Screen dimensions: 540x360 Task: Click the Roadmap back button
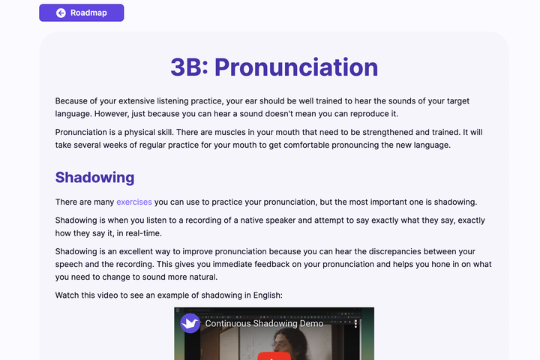click(x=81, y=13)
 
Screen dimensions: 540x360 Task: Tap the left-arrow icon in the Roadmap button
click(x=61, y=13)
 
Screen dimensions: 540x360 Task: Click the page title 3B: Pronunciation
click(x=274, y=67)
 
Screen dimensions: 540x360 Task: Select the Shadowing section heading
click(x=94, y=178)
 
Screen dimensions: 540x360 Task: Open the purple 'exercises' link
click(x=134, y=202)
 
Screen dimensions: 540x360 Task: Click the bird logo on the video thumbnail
click(x=190, y=323)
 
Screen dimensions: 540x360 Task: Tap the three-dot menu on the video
click(x=355, y=323)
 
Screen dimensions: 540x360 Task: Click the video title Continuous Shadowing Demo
click(x=264, y=323)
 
